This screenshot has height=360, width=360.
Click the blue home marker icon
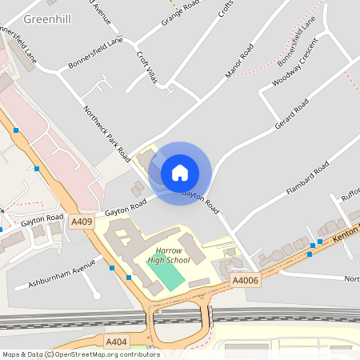(x=180, y=173)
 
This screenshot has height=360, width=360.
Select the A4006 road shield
(x=245, y=281)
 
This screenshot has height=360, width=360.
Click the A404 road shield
(x=117, y=342)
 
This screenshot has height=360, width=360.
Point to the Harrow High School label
(x=169, y=255)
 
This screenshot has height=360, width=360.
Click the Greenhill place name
(x=45, y=18)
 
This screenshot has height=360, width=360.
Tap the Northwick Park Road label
(x=107, y=133)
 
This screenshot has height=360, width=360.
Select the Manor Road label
(x=239, y=61)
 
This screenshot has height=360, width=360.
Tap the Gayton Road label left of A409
(x=42, y=218)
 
